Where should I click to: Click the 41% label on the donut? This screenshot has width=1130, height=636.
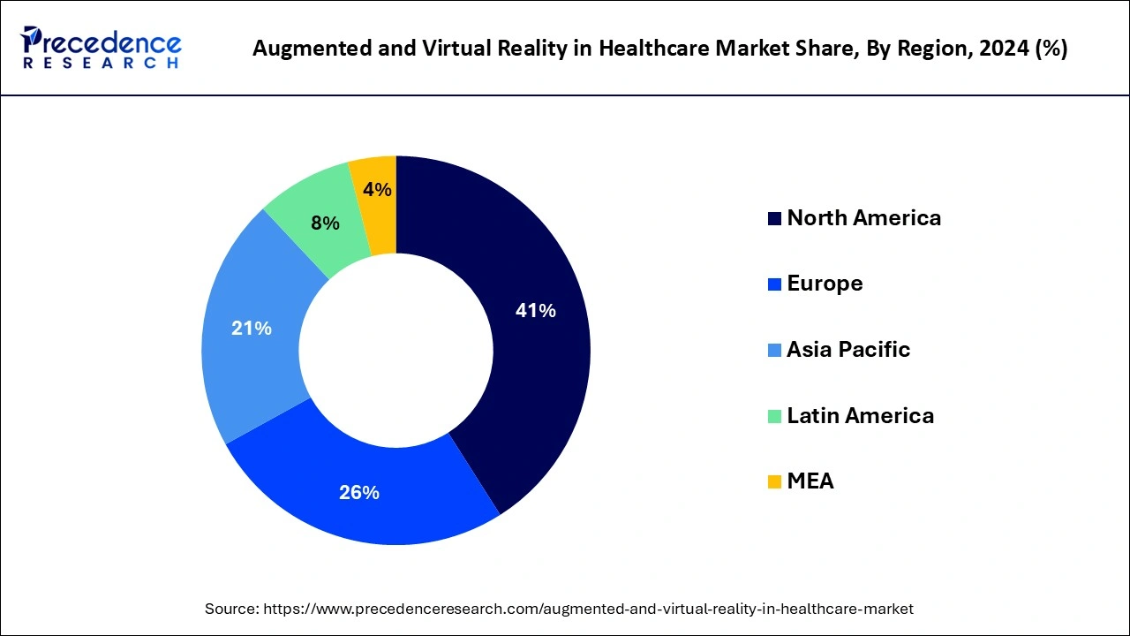(x=536, y=311)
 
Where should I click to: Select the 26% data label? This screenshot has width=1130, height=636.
(x=359, y=493)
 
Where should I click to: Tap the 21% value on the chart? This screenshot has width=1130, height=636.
(x=252, y=329)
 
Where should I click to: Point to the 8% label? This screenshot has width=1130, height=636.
(x=325, y=223)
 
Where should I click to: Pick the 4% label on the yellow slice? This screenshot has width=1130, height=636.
(x=378, y=189)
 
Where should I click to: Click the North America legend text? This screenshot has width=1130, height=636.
(x=863, y=218)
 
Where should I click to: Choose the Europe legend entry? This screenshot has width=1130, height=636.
(x=825, y=284)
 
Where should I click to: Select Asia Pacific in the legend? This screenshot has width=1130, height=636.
(x=848, y=350)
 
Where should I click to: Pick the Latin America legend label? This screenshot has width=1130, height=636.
(x=860, y=415)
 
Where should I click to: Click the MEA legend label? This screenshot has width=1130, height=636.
(x=810, y=481)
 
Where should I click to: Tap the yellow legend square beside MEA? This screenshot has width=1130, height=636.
(x=774, y=482)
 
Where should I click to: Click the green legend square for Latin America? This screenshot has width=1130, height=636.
(x=774, y=416)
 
